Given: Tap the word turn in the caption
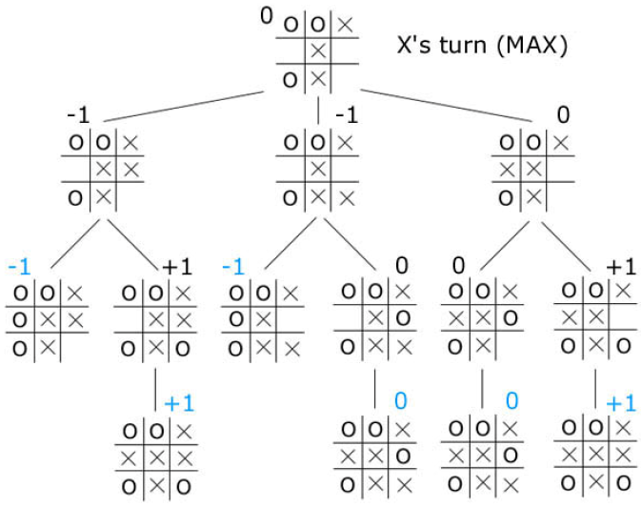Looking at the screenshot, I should (451, 45).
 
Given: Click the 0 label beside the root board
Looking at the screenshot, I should (267, 12).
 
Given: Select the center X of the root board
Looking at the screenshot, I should (318, 51).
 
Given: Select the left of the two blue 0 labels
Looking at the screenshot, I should (401, 401).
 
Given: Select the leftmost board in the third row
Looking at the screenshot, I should (47, 319).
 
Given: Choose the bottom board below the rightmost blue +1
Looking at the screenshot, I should (595, 456).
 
